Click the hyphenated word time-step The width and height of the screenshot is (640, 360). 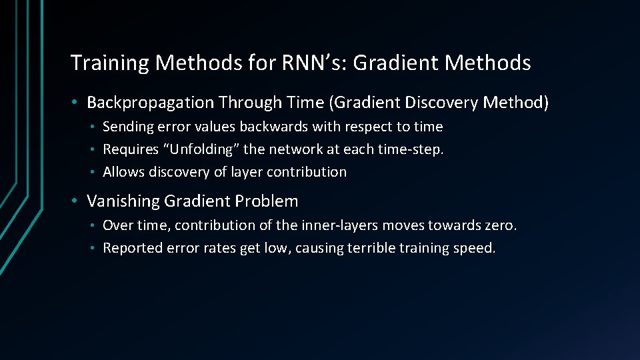[413, 149]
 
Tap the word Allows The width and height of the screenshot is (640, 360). [123, 172]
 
